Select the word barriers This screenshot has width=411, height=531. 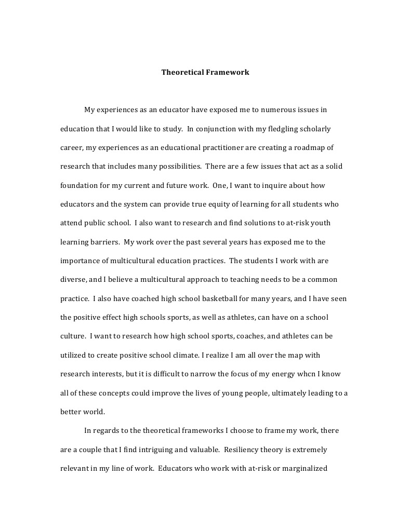point(103,242)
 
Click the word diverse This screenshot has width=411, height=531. point(73,279)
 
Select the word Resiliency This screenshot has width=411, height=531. point(262,450)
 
